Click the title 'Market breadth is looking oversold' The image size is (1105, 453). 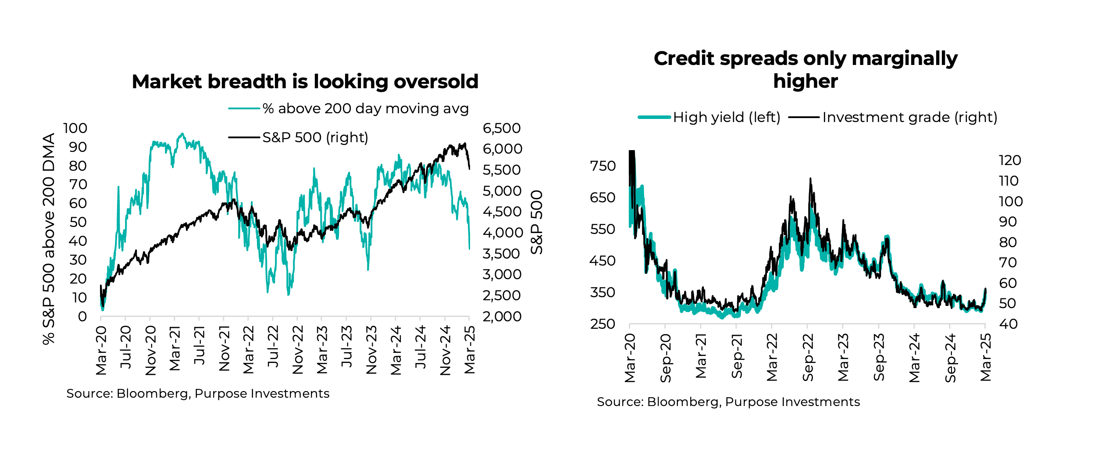point(305,82)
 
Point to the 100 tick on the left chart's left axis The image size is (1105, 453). point(75,128)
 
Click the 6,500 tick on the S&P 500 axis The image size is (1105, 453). point(502,128)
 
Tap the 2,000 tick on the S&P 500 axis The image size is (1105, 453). point(502,316)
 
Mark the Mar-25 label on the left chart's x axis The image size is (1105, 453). point(470,350)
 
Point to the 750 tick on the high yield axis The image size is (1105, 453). point(603,166)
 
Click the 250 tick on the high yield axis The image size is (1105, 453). point(603,324)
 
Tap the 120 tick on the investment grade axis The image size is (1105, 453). point(1010,160)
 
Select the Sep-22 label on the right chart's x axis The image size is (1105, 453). point(808,358)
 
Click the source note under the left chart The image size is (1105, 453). point(198,393)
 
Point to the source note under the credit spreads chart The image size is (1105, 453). point(728,402)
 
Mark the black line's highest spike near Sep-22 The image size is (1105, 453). point(810,179)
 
